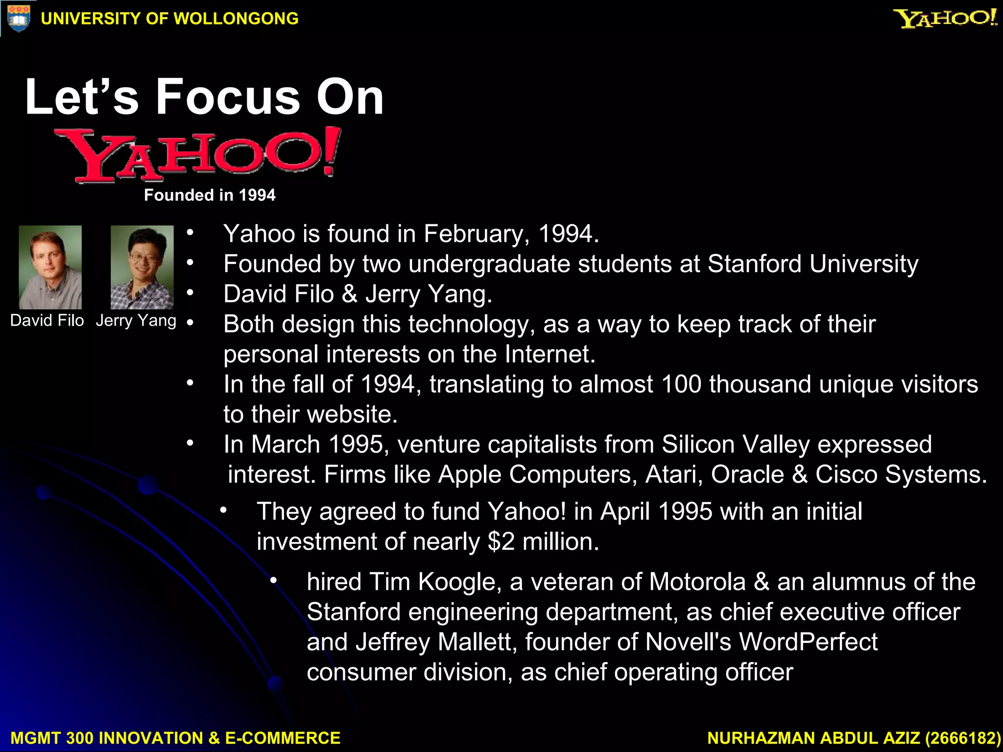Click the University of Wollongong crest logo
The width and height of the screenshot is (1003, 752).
click(19, 19)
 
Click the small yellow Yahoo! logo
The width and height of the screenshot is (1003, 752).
click(945, 18)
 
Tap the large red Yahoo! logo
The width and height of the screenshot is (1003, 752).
click(198, 155)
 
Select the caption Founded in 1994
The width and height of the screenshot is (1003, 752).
click(210, 195)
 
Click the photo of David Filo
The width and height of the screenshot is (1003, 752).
click(50, 267)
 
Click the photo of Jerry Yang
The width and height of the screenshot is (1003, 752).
click(142, 267)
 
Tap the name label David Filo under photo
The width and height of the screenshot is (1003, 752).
click(47, 321)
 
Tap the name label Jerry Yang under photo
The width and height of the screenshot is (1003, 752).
click(136, 321)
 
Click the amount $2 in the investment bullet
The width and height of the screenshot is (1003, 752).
click(501, 542)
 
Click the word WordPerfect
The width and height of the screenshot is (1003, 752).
click(808, 642)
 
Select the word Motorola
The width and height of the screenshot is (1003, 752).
click(697, 582)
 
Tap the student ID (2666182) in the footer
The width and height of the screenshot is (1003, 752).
click(963, 738)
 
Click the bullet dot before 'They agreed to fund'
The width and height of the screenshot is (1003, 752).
click(223, 511)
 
